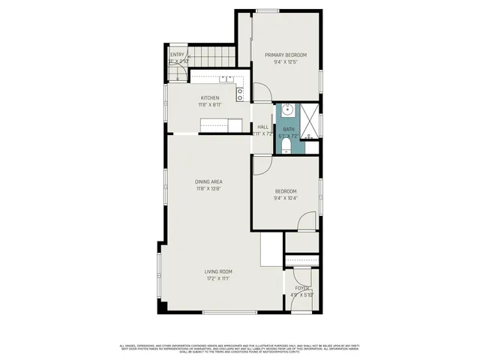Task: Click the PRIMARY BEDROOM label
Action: pos(285,55)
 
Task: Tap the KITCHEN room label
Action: pos(209,98)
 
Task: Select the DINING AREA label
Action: pos(209,181)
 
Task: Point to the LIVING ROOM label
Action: pos(218,271)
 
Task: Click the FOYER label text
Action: pos(301,288)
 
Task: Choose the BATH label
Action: pos(289,129)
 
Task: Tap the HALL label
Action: pos(263,127)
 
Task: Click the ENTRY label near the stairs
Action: pos(177,55)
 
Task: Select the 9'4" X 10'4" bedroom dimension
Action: pos(285,198)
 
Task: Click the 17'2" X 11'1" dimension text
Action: pos(218,278)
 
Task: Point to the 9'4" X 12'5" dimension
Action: pos(285,62)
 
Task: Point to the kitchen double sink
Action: pos(227,78)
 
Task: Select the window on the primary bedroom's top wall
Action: pos(268,10)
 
